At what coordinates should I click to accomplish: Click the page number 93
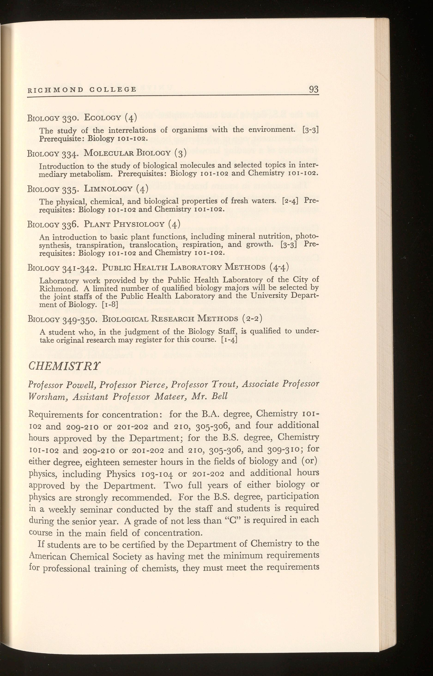[x=314, y=89]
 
